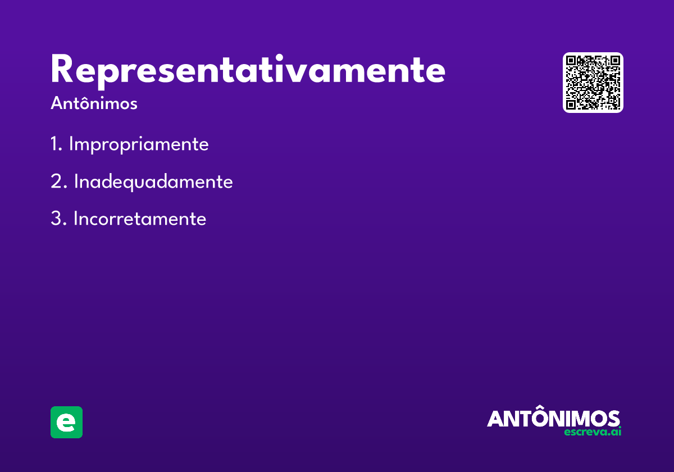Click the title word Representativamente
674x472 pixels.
click(x=248, y=71)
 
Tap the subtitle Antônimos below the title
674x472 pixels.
click(x=94, y=103)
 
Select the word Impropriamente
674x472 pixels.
click(x=139, y=144)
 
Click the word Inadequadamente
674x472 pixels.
click(x=153, y=182)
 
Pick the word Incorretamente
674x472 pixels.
click(x=140, y=218)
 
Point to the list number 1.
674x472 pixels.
click(x=56, y=144)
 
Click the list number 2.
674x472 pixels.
click(x=58, y=181)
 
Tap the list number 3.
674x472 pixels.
click(x=58, y=218)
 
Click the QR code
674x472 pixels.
click(x=593, y=83)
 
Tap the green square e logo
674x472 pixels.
click(x=66, y=422)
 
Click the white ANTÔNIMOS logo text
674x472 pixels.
click(x=553, y=416)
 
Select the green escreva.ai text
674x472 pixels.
click(x=593, y=432)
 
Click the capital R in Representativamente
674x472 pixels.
click(x=62, y=69)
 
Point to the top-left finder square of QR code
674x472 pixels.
click(x=571, y=61)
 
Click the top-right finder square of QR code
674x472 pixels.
click(x=614, y=61)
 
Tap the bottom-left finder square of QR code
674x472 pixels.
click(x=571, y=105)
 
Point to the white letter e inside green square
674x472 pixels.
click(x=66, y=423)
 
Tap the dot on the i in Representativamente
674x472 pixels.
click(x=279, y=57)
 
